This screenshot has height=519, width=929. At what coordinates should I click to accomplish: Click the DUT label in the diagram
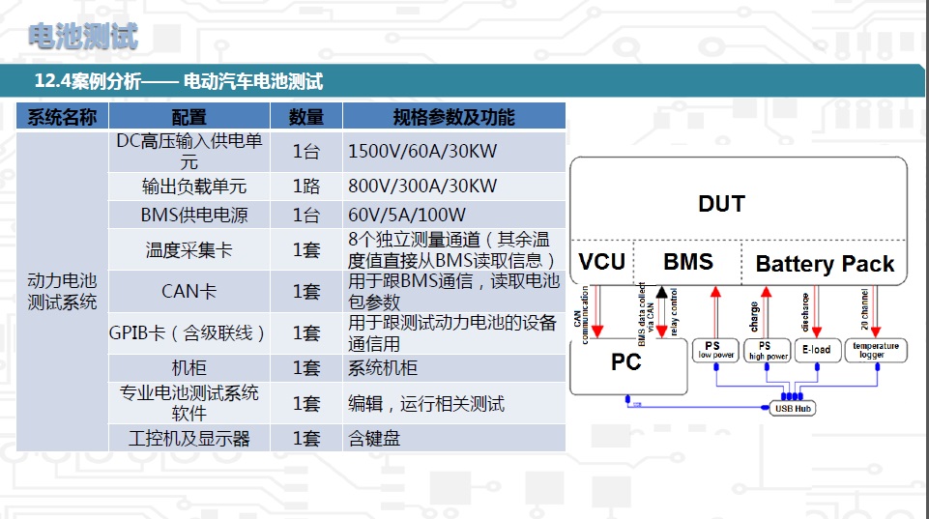721,204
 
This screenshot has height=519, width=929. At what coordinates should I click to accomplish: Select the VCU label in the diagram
601,262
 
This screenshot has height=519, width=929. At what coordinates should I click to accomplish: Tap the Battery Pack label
825,264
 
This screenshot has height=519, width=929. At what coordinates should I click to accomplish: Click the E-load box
816,350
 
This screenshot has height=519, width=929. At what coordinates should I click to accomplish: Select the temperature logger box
877,350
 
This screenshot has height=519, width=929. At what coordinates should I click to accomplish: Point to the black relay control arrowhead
661,291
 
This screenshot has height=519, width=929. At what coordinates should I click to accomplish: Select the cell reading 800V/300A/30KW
422,186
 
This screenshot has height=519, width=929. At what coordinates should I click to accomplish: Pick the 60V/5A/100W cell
407,215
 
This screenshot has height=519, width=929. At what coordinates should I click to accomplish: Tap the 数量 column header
306,118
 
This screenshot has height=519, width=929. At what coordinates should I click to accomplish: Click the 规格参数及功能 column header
453,118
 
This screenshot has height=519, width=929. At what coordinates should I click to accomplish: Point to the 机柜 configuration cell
189,368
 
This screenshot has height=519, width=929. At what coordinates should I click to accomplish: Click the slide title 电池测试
83,37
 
